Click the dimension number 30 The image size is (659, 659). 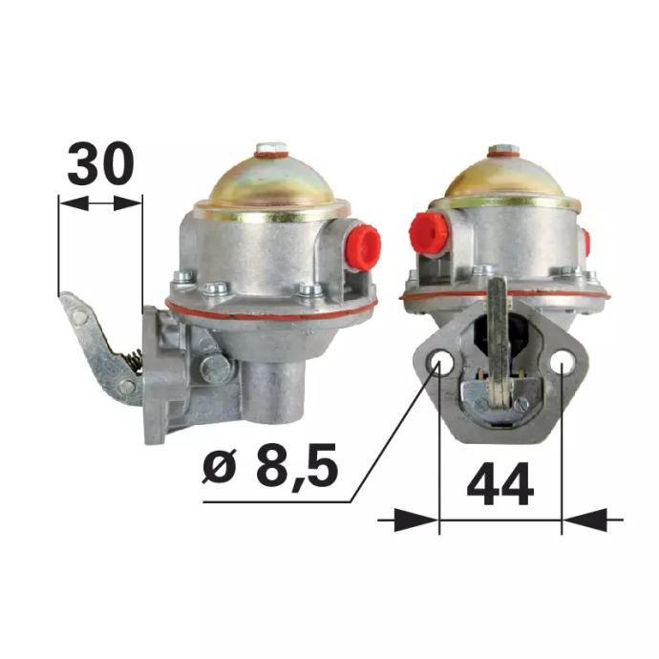[100, 163]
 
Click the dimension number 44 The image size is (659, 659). [500, 483]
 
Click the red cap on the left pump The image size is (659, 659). [362, 247]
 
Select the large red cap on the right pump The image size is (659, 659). [427, 234]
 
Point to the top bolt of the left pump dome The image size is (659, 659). [271, 148]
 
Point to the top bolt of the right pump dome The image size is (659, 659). [504, 150]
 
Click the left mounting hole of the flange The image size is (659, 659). [440, 362]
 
